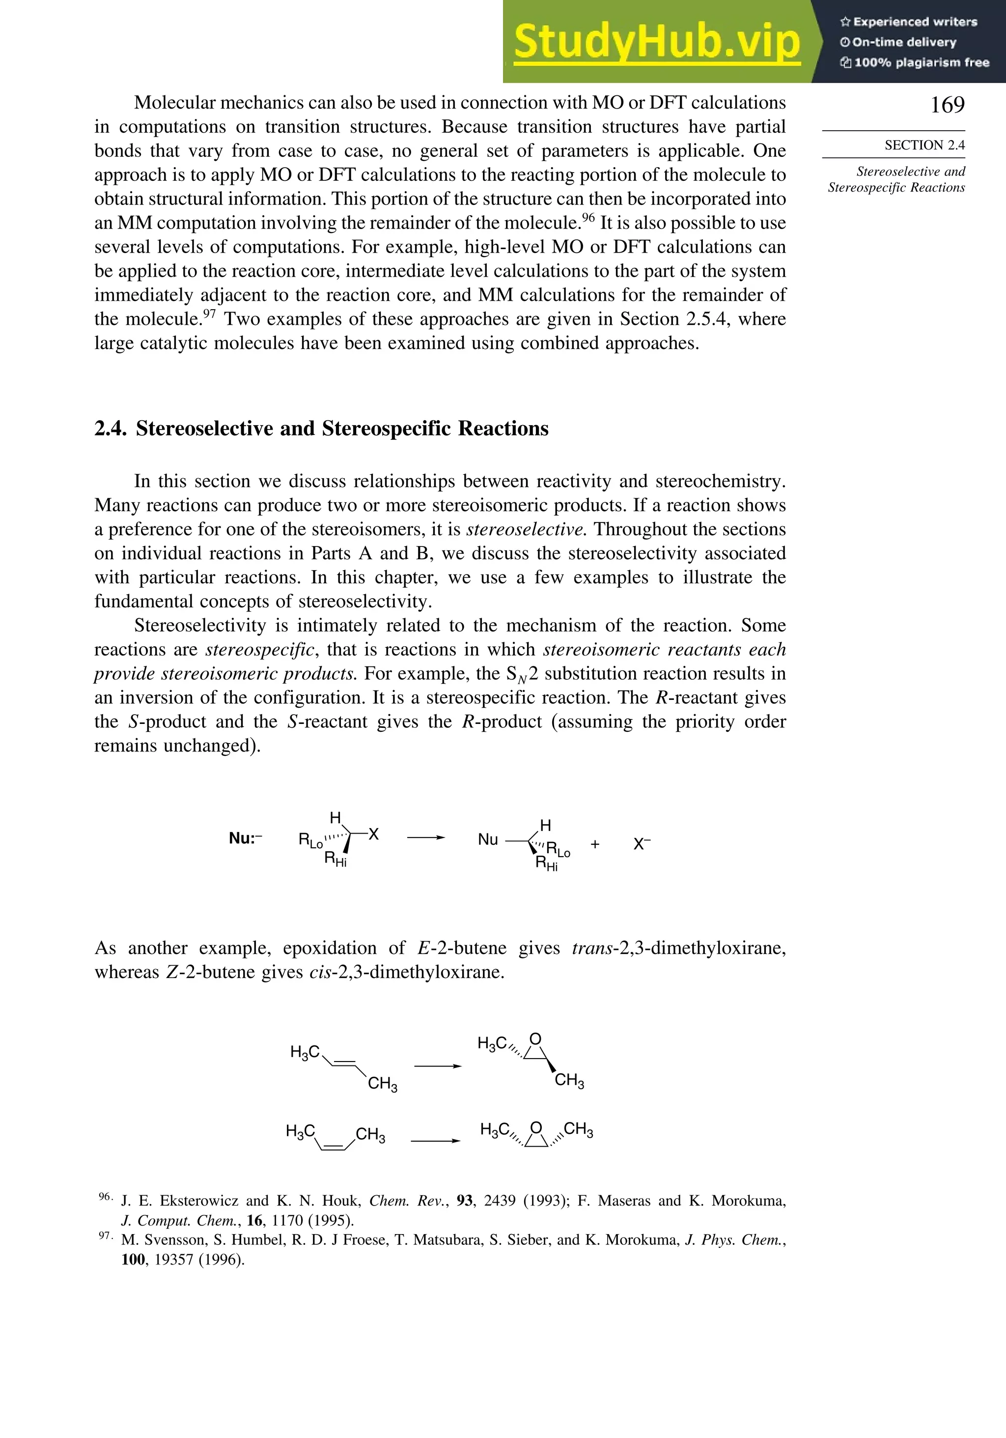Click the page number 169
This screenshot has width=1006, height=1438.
[x=947, y=105]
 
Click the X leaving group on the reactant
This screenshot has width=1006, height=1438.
[x=374, y=834]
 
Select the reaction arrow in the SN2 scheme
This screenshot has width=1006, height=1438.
[x=426, y=837]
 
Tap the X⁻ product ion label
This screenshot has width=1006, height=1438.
[x=642, y=844]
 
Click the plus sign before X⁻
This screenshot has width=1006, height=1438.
[x=595, y=844]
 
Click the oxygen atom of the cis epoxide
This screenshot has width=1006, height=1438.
[x=536, y=1128]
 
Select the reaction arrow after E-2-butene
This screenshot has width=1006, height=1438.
[x=438, y=1066]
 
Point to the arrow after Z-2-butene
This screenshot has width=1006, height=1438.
[x=435, y=1141]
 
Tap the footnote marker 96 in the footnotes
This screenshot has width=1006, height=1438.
[x=105, y=1197]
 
